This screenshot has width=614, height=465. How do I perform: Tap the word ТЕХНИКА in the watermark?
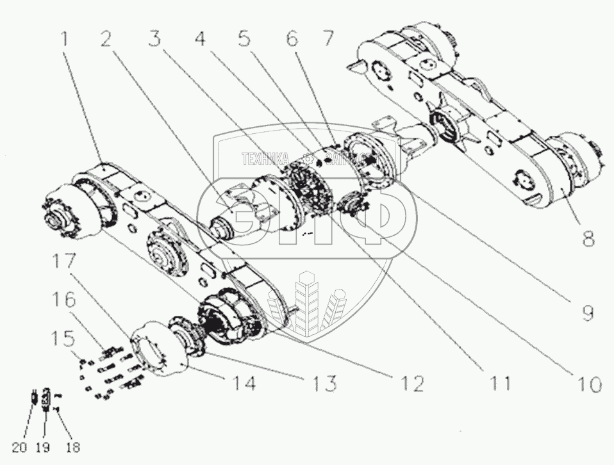(x=265, y=156)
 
